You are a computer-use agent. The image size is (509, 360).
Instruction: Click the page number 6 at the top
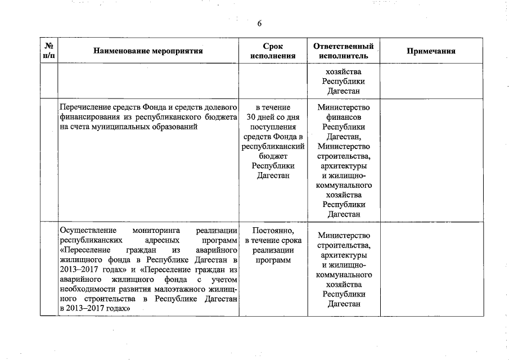tap(259, 23)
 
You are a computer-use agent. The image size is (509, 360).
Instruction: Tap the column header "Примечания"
tap(431, 51)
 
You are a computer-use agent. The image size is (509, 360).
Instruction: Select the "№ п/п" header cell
tap(49, 51)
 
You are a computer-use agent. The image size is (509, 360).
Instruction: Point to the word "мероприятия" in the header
tap(179, 51)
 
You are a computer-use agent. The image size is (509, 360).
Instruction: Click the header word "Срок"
tap(273, 46)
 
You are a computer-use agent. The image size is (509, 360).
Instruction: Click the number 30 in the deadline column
tap(251, 117)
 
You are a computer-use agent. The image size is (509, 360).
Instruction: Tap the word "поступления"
tap(273, 127)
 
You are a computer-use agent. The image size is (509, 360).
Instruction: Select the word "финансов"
tap(344, 117)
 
